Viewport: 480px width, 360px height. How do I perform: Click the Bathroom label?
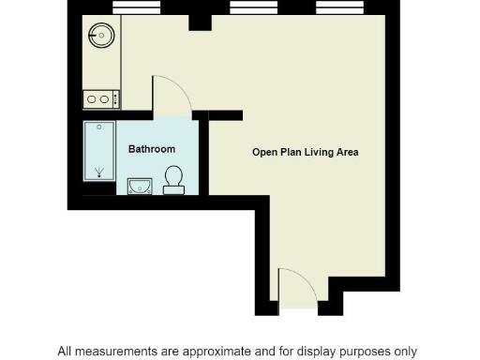click(152, 149)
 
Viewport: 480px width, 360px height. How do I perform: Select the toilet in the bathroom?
click(173, 179)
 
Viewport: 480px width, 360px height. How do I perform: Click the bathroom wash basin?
click(138, 185)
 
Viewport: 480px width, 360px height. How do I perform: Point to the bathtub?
click(98, 151)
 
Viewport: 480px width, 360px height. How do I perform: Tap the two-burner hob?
click(99, 97)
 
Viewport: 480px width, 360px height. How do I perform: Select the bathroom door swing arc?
click(174, 91)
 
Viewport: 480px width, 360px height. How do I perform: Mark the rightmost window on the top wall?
click(337, 7)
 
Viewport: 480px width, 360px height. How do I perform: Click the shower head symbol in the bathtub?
click(98, 172)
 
